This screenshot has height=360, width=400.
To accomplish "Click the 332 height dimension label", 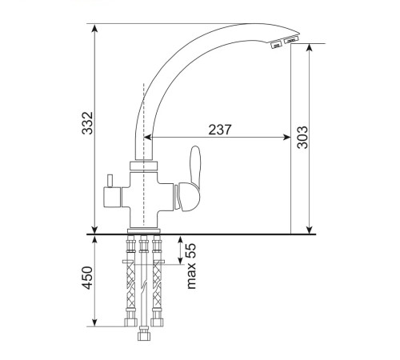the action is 87,123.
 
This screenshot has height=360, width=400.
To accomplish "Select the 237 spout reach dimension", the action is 219,130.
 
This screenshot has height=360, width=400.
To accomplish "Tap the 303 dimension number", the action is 302,138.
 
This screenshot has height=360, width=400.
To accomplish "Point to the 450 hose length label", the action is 87,278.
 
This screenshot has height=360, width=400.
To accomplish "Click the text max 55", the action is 191,266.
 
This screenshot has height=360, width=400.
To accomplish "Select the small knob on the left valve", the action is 110,181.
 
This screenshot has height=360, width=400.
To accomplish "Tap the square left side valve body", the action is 112,197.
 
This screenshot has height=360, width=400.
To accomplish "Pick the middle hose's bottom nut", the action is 144,336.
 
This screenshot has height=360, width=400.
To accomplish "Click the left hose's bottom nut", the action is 130,322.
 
